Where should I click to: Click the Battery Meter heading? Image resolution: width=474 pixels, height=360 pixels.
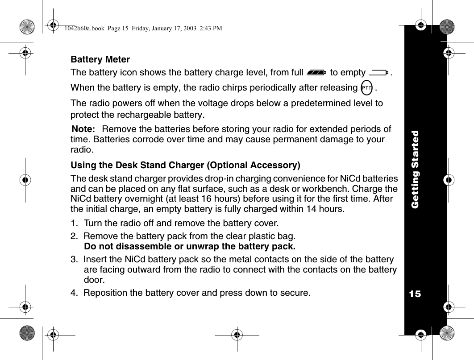tap(100, 60)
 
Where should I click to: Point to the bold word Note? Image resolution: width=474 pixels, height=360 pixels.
tap(83, 129)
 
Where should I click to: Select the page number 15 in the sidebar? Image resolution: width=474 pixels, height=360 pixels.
tap(415, 294)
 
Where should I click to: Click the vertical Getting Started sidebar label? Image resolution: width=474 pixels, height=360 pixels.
tap(415, 169)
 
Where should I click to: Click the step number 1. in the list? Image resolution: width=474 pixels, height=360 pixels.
tap(75, 223)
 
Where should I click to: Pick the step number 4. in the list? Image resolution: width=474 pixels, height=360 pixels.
tap(75, 293)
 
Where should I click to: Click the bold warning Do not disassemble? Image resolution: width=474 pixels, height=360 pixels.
tap(190, 246)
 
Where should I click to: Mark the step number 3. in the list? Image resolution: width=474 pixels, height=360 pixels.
tap(75, 260)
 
